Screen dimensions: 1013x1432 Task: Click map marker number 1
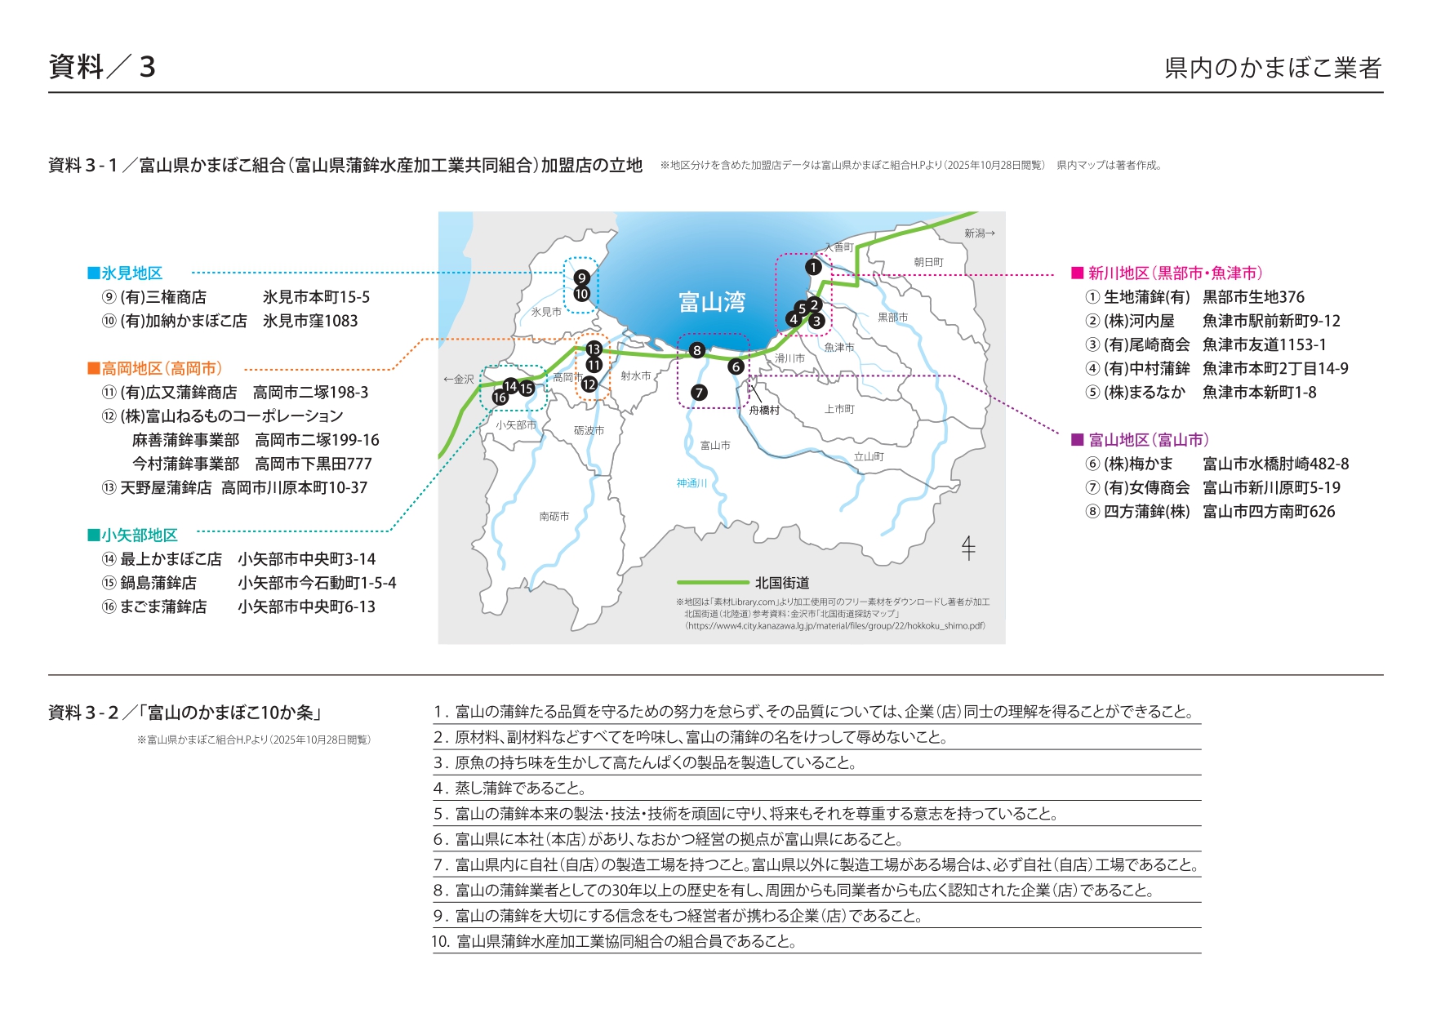pyautogui.click(x=813, y=267)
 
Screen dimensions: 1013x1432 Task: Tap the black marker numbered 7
pyautogui.click(x=699, y=393)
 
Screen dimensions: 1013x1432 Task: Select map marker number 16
pyautogui.click(x=500, y=398)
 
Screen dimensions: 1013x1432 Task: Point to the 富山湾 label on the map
pyautogui.click(x=712, y=303)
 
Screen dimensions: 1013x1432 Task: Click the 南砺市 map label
pyautogui.click(x=554, y=517)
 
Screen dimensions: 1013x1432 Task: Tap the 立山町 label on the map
pyautogui.click(x=869, y=457)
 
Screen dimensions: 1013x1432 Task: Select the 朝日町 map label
pyautogui.click(x=928, y=262)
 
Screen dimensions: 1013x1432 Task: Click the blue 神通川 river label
pyautogui.click(x=692, y=483)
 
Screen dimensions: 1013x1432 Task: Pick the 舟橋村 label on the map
pyautogui.click(x=764, y=411)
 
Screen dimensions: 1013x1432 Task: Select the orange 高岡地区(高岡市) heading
pyautogui.click(x=155, y=369)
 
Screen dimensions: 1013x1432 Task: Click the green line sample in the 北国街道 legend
pyautogui.click(x=712, y=583)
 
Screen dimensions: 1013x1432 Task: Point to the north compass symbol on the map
pyautogui.click(x=968, y=548)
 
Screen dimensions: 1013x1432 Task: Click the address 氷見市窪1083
pyautogui.click(x=310, y=322)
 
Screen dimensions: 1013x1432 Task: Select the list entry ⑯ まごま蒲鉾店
pyautogui.click(x=155, y=606)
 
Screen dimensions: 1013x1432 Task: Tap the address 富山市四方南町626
pyautogui.click(x=1269, y=512)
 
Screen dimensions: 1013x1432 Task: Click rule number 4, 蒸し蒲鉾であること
pyautogui.click(x=510, y=789)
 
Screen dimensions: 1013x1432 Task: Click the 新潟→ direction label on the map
pyautogui.click(x=980, y=233)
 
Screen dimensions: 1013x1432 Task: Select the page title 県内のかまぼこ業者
pyautogui.click(x=1273, y=68)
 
